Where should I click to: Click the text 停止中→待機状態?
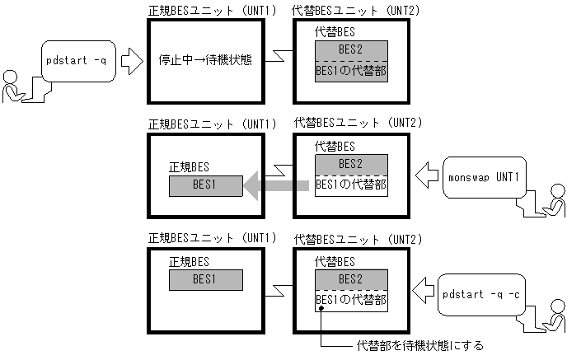point(205,59)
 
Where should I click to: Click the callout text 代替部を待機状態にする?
point(419,344)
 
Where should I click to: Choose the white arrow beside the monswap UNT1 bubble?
point(426,175)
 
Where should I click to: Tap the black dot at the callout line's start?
point(320,309)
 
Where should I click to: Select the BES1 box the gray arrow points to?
point(205,186)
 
